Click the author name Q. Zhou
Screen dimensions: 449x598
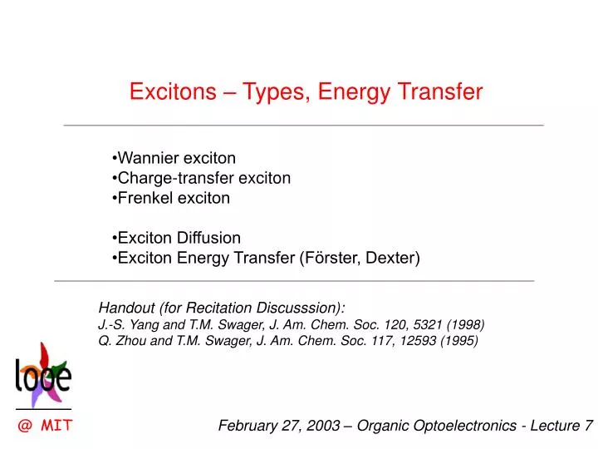coord(120,340)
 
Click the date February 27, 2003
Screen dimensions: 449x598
coord(278,426)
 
